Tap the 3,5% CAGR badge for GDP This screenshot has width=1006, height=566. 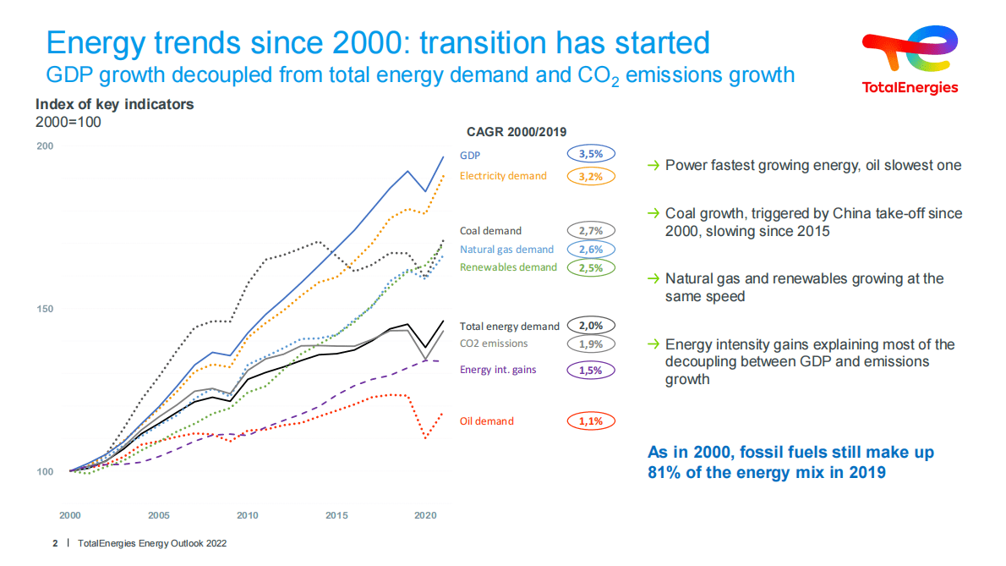point(591,155)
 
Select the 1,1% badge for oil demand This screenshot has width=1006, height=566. point(591,420)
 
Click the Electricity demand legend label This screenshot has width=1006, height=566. point(503,176)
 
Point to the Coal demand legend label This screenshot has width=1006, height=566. point(490,230)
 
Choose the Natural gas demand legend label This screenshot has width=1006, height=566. point(506,249)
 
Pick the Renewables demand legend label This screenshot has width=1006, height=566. point(508,267)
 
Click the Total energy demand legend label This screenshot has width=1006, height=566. point(509,326)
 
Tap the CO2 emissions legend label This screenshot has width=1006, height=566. point(494,343)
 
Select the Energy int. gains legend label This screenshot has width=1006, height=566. point(498,370)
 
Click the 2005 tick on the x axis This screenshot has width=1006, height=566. point(158,515)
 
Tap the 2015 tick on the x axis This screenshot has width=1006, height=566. point(336,515)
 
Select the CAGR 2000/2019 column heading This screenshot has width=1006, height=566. point(517,131)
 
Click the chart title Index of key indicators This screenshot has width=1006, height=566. point(114,104)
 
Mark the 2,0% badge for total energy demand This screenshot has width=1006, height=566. point(591,325)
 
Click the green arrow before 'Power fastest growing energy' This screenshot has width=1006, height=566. point(653,165)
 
